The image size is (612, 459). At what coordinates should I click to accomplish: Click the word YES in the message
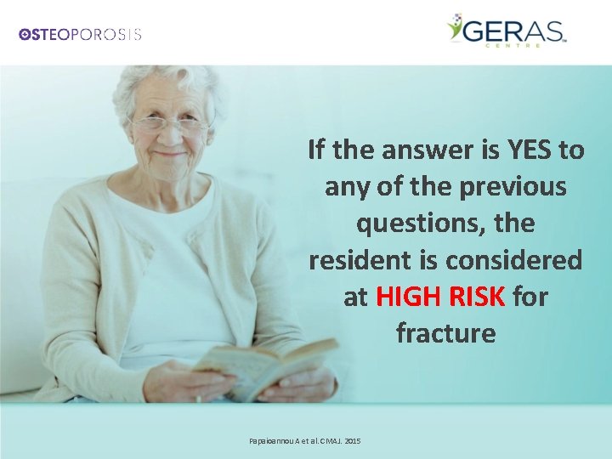pos(530,150)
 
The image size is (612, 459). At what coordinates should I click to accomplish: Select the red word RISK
pos(478,297)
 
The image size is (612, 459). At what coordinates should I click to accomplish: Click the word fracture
pos(445,333)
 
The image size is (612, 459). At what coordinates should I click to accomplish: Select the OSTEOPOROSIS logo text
pos(81,35)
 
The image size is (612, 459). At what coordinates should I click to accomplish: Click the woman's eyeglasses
pos(168,123)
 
